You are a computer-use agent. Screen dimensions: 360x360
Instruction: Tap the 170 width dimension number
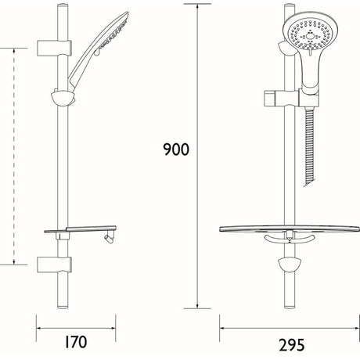pos(75,342)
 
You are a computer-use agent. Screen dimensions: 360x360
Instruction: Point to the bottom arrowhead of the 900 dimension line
pos(197,306)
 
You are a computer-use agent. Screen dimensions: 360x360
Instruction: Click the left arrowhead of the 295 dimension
pos(221,322)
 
